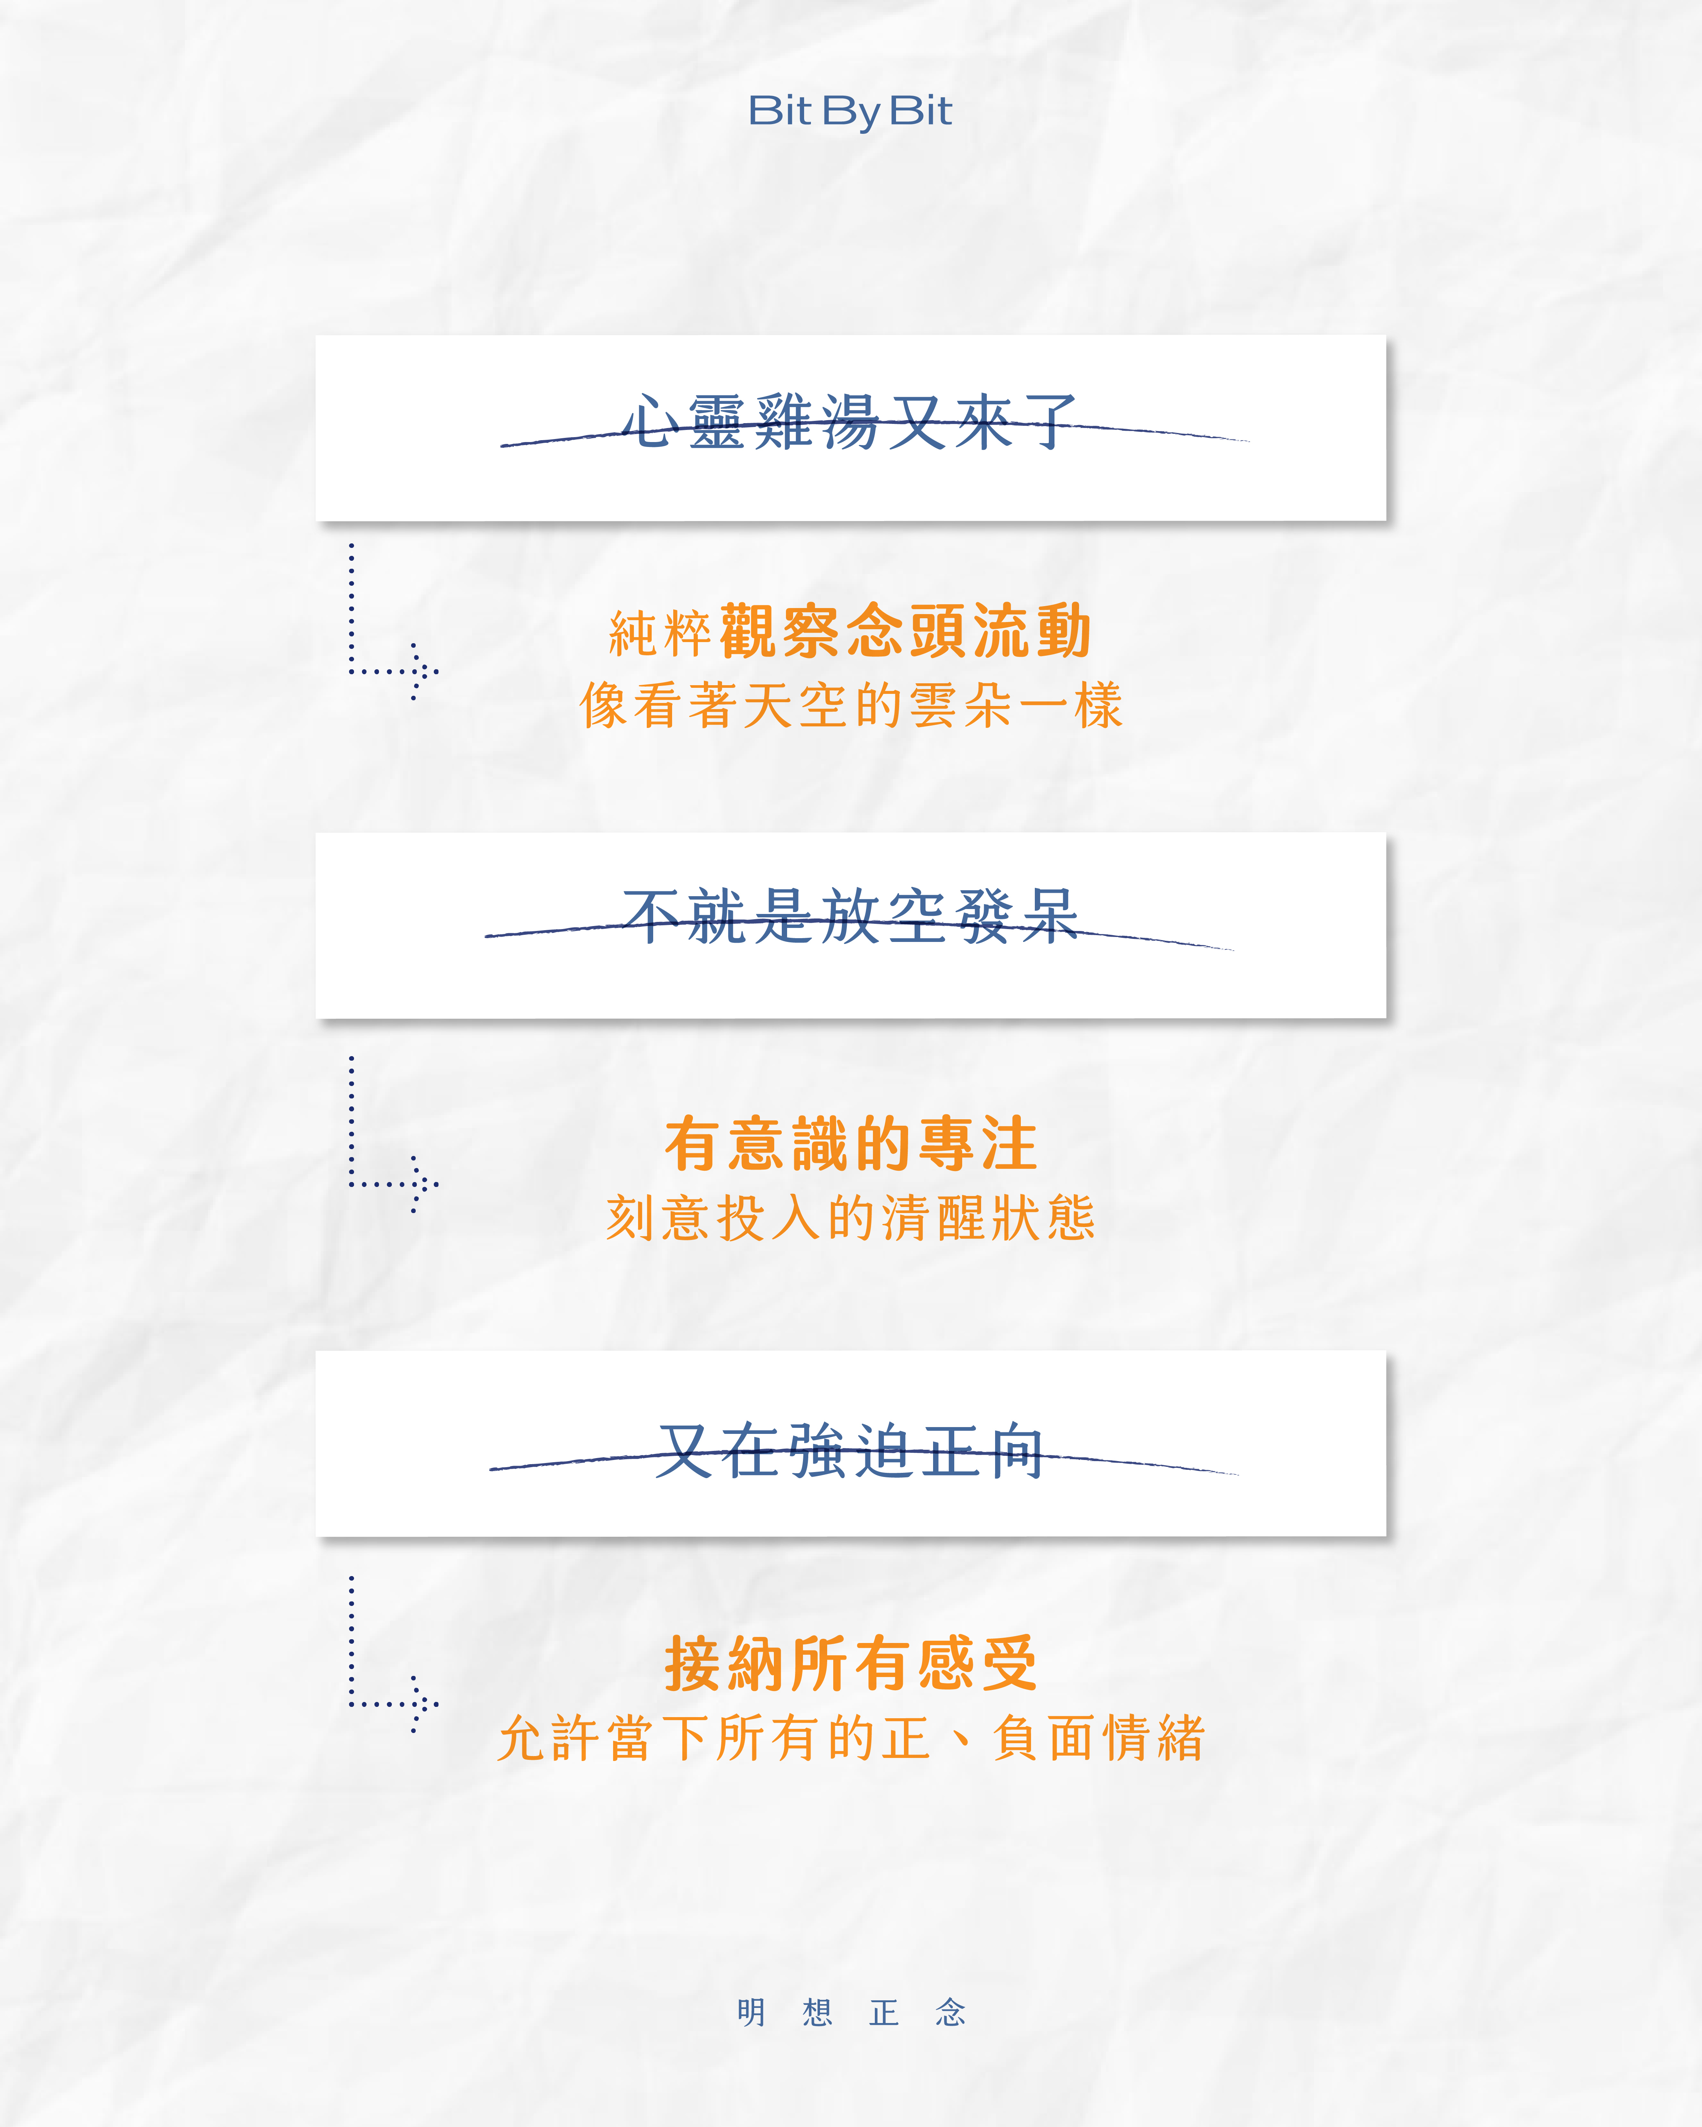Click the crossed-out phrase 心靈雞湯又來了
click(848, 422)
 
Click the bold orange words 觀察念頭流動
click(905, 631)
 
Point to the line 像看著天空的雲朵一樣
click(851, 706)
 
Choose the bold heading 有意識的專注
click(851, 1144)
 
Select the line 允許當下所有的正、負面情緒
click(851, 1738)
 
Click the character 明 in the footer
click(751, 2012)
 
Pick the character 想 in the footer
click(817, 2012)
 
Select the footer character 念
click(950, 2012)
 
